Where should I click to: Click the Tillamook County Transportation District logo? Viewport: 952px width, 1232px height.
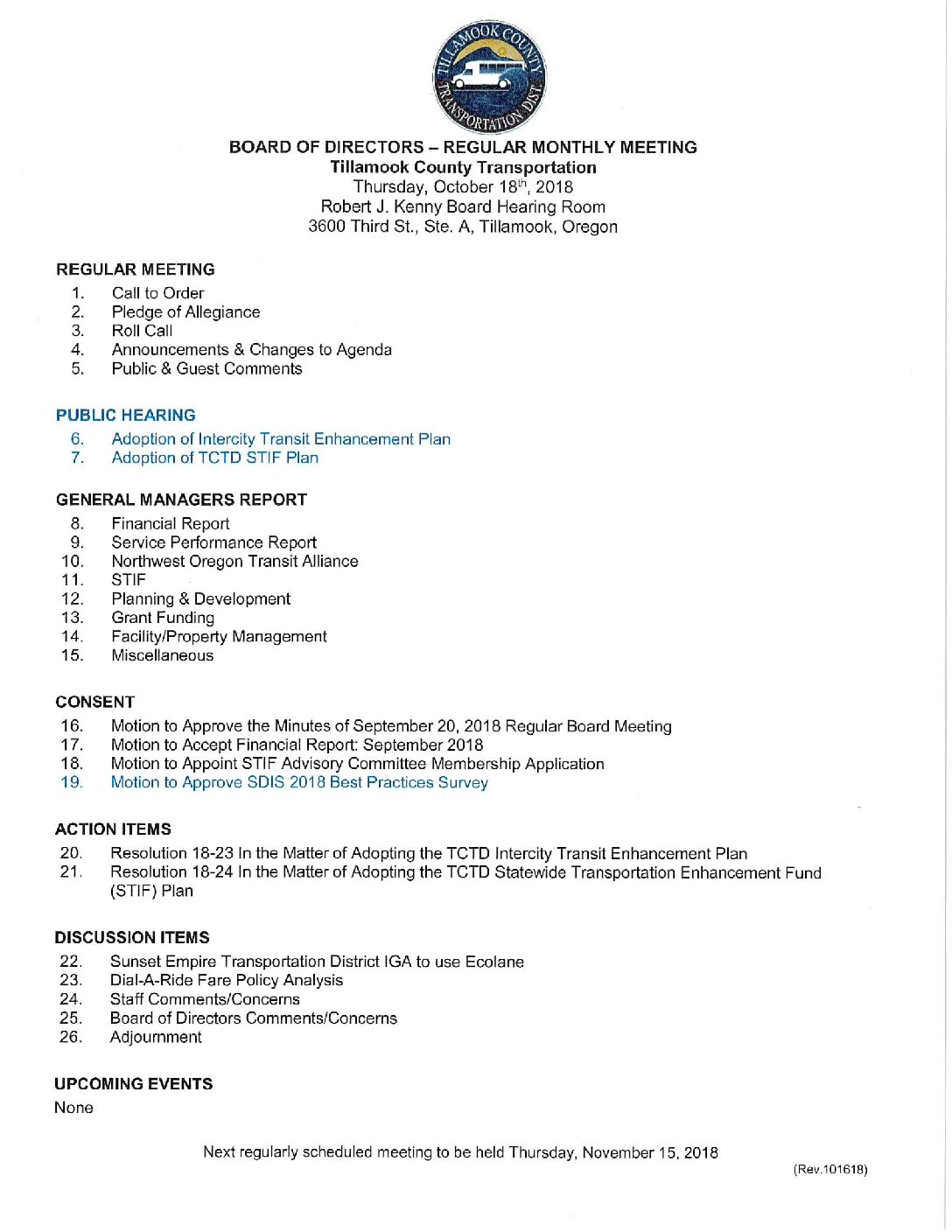489,77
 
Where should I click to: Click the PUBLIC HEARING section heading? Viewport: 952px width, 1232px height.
126,416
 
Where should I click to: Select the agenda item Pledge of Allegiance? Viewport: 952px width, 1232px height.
185,312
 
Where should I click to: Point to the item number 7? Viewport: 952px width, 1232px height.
77,458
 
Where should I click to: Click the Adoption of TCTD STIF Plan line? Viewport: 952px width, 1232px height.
214,458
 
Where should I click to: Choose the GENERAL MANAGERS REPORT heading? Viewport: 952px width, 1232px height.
181,500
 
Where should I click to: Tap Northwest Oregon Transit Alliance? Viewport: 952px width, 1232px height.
234,561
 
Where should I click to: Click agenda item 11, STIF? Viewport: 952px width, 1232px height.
129,580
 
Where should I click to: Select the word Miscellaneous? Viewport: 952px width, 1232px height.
162,655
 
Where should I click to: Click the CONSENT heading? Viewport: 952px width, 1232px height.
94,702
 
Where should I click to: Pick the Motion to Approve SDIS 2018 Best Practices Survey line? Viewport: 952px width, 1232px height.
299,782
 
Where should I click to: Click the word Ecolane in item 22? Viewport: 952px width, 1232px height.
494,962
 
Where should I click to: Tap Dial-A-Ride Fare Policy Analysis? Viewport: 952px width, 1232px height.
226,980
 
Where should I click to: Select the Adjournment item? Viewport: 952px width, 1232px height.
156,1037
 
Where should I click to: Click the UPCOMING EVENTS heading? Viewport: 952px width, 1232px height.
133,1084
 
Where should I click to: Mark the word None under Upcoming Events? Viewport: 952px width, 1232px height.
73,1108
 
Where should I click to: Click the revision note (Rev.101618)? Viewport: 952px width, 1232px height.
829,1170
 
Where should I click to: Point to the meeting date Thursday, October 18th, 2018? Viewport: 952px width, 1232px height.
463,187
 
